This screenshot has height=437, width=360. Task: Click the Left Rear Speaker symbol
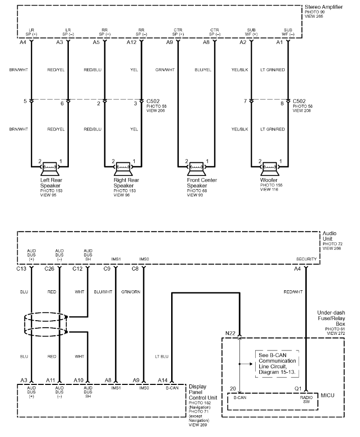(49, 168)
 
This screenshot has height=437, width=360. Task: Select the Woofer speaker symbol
(269, 168)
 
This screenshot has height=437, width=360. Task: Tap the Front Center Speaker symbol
(196, 168)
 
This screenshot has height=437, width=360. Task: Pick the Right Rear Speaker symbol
(123, 168)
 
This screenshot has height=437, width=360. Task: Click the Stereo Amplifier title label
(324, 7)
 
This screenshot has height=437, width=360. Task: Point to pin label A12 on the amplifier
(132, 42)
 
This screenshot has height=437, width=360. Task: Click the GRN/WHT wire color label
(165, 70)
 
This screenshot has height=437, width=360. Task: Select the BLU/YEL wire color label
(203, 70)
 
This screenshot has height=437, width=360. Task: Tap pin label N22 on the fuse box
(230, 333)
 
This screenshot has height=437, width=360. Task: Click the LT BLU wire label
(162, 357)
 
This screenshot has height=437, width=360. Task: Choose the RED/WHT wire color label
(293, 292)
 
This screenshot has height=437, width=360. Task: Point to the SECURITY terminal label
(306, 259)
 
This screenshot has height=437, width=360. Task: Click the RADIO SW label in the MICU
(306, 400)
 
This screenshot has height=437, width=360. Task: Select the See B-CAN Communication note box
(277, 364)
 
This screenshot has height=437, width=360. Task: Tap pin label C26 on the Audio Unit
(50, 269)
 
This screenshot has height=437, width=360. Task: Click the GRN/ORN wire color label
(131, 292)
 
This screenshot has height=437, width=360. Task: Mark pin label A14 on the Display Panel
(163, 380)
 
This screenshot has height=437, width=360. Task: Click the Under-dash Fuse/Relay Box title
(331, 318)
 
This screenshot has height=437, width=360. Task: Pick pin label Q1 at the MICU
(298, 388)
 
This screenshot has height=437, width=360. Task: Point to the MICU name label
(328, 396)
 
